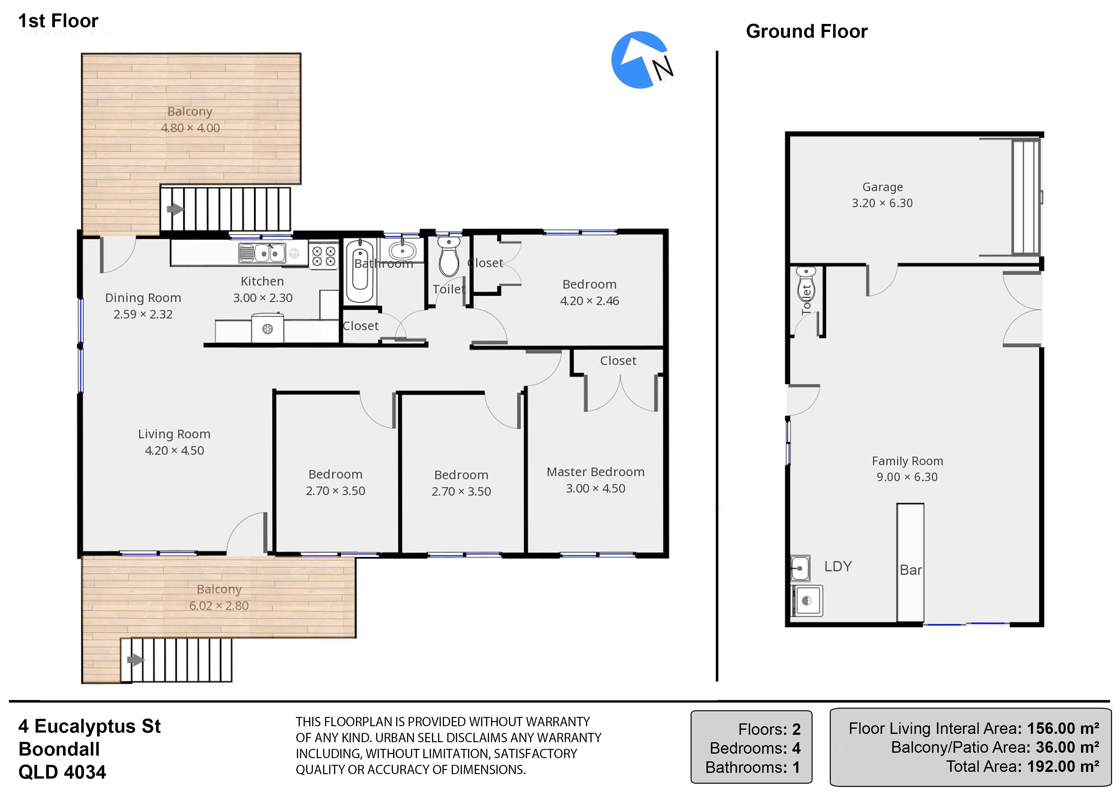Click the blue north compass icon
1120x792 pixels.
[x=640, y=59]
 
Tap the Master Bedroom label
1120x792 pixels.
[x=595, y=472]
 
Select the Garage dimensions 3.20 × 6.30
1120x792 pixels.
[x=882, y=203]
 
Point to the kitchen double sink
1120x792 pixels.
[x=262, y=253]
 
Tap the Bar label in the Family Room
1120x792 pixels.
[x=910, y=570]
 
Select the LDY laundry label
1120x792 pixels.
[x=838, y=566]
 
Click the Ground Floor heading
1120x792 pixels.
[x=807, y=31]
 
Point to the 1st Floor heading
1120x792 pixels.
[x=58, y=20]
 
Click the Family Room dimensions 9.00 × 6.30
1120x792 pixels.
[x=907, y=477]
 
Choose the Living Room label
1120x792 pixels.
[x=174, y=434]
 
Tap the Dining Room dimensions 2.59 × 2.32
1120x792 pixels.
[x=143, y=314]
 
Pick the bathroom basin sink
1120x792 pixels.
[x=402, y=251]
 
